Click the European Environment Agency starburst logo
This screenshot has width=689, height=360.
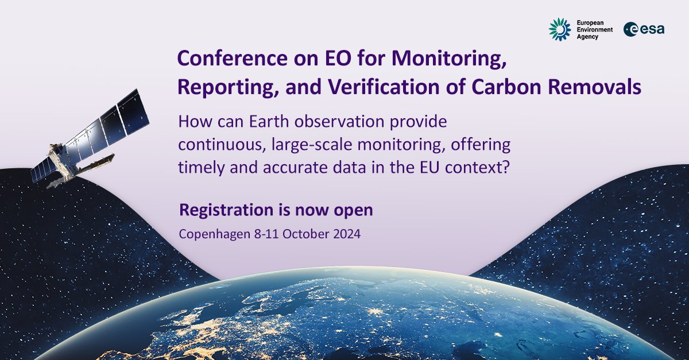pos(559,30)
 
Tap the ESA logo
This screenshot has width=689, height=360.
pos(645,30)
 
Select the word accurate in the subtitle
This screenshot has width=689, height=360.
pos(308,166)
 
